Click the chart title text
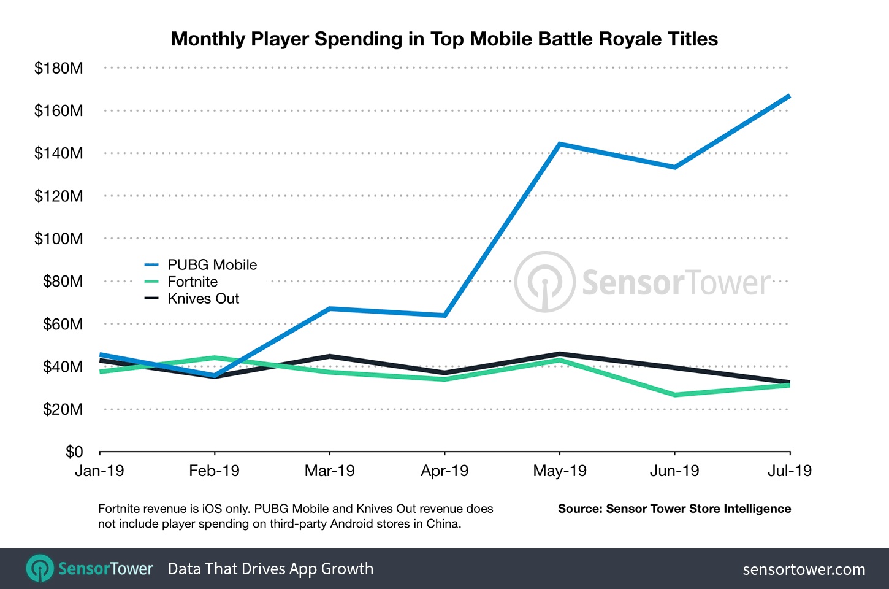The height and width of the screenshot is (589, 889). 444,39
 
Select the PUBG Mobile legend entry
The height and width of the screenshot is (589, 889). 212,265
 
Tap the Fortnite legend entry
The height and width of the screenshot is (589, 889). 192,282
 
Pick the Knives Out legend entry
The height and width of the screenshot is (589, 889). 203,299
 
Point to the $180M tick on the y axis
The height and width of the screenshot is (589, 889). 58,68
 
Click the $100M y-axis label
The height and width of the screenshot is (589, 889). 58,239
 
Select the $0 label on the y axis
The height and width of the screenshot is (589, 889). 74,452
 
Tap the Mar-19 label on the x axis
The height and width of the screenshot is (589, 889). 329,471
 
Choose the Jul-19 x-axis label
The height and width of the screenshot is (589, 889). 789,471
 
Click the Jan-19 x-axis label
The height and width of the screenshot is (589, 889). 99,471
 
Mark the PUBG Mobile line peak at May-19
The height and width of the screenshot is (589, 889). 560,144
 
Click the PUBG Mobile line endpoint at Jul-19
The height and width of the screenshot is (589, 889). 789,96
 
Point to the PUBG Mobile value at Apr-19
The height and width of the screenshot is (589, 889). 444,315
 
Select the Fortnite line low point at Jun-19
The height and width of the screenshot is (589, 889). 674,395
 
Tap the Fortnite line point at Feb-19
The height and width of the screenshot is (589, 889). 215,358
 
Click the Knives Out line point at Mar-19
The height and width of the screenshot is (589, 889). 330,356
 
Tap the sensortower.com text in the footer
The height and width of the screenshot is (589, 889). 804,569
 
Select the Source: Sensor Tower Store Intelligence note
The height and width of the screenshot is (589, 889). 674,509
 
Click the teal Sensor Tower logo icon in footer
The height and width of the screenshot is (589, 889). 40,568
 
